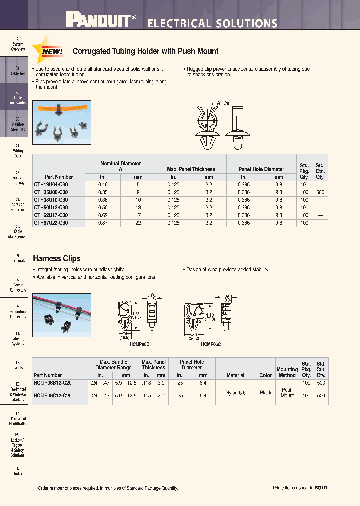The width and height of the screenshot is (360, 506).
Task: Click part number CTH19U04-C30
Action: pos(51,184)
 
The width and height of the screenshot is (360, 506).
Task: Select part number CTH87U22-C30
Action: pos(51,223)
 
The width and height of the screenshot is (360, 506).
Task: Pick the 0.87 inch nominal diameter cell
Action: pos(103,223)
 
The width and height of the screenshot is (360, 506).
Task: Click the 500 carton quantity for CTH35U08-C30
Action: pos(320,192)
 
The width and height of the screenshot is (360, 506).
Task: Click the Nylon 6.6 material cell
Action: pos(236,393)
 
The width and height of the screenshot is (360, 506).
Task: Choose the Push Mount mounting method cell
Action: pos(287,393)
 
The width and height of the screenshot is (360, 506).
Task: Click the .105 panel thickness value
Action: pos(146,395)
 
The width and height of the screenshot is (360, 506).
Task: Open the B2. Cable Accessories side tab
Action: pos(18,98)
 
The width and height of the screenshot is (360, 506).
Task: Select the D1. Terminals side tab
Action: pos(18,258)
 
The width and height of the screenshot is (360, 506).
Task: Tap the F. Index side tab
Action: pos(18,471)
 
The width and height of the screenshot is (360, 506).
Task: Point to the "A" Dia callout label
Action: pos(222,103)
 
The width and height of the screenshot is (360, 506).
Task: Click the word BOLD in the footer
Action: pos(321,488)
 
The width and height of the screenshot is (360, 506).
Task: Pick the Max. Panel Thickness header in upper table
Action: pos(191,169)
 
